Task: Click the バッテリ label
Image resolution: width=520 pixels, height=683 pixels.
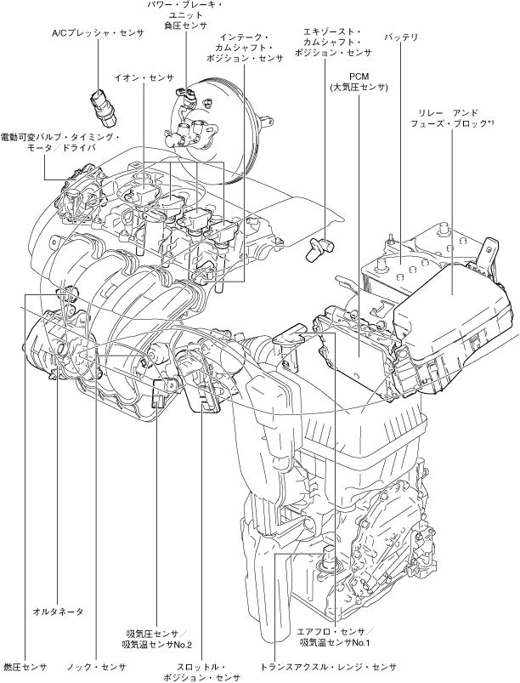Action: point(400,38)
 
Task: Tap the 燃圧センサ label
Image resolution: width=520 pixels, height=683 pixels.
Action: point(25,666)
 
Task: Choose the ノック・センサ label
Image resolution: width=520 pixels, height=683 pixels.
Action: point(96,666)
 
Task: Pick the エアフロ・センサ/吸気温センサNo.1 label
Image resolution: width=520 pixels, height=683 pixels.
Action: point(335,638)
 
